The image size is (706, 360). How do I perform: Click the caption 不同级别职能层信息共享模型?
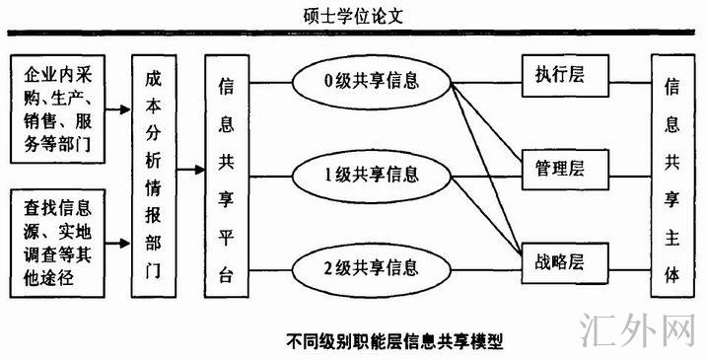click(x=394, y=341)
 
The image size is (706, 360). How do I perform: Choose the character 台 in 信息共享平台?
click(x=226, y=275)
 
